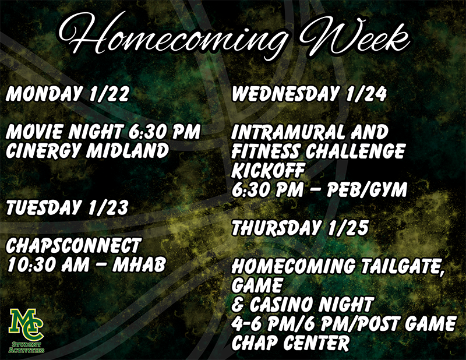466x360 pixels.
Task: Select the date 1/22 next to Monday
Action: [x=109, y=94]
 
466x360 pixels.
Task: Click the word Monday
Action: [x=43, y=94]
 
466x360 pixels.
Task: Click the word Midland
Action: [x=128, y=150]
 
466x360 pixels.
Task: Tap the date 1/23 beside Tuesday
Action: [x=108, y=207]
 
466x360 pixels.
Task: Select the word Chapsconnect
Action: [x=73, y=245]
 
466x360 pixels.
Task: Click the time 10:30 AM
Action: [x=48, y=264]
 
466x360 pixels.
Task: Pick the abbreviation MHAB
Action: [x=139, y=264]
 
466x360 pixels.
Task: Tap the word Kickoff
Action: [x=268, y=170]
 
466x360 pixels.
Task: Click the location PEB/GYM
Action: [x=367, y=189]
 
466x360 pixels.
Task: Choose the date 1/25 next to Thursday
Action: [x=348, y=228]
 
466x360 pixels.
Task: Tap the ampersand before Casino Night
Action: [x=238, y=304]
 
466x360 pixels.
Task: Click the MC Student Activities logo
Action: [x=26, y=330]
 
